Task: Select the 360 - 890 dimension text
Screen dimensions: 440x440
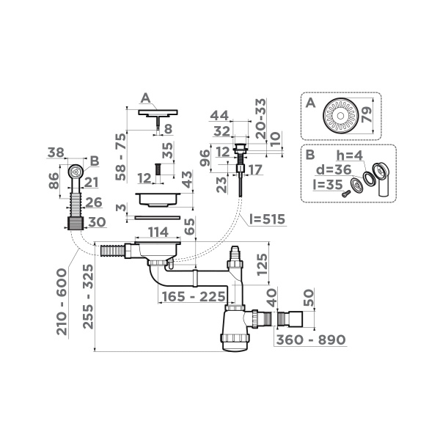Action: (x=310, y=340)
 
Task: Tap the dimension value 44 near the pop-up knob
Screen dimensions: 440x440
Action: (x=218, y=116)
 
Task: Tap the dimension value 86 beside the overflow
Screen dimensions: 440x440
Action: (x=54, y=181)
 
